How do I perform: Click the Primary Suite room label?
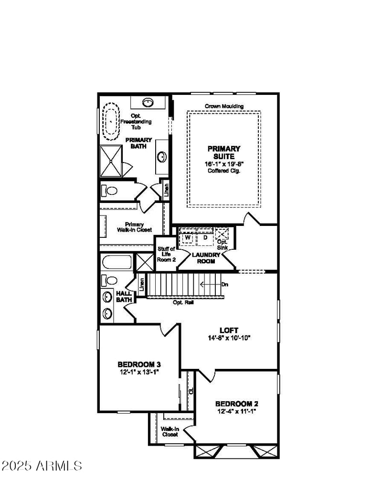[224, 152]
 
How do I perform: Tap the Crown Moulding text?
[224, 106]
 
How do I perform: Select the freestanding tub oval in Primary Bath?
[111, 120]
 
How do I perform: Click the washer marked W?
[188, 237]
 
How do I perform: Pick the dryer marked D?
[204, 237]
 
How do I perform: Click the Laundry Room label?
[206, 258]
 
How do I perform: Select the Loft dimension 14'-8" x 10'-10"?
[229, 337]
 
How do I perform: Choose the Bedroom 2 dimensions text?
[237, 411]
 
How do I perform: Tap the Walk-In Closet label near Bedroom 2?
[170, 431]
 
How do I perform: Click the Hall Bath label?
[124, 296]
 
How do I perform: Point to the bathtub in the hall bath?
[117, 263]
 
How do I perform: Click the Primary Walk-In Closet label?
[135, 227]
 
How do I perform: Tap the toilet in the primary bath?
[110, 191]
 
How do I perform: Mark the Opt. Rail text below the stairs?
[183, 302]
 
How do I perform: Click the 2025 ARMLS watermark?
[42, 465]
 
